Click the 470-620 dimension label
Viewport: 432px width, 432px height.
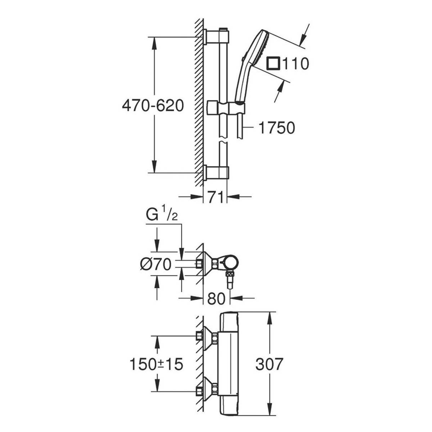[153, 106]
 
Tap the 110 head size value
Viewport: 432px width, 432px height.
[295, 64]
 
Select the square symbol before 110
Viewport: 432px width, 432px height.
[273, 64]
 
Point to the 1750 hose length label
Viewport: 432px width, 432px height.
[276, 127]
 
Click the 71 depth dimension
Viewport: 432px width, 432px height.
[215, 197]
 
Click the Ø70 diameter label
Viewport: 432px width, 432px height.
[156, 265]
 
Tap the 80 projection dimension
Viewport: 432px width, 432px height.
[216, 298]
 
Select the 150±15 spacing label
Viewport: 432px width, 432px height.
[156, 364]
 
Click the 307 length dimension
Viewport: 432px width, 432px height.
[269, 364]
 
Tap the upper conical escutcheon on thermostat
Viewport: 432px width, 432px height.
[208, 338]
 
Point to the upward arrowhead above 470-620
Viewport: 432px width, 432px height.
[154, 41]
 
